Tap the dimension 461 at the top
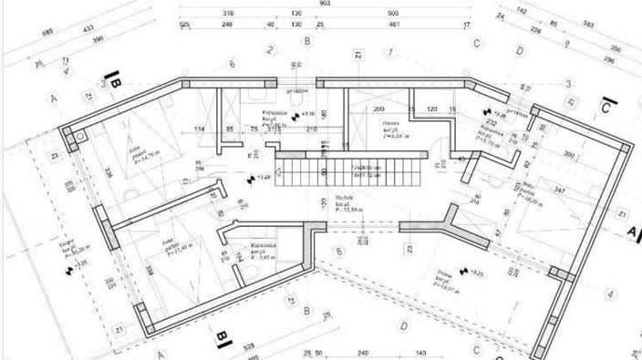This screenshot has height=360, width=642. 394,26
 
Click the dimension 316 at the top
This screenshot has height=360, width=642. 228,15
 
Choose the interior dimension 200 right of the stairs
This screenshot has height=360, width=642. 377,109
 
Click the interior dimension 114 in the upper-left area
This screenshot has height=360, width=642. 199,129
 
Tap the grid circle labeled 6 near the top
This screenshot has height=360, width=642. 233,63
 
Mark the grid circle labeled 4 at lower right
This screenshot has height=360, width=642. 610,293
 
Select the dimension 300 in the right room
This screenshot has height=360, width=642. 571,156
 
